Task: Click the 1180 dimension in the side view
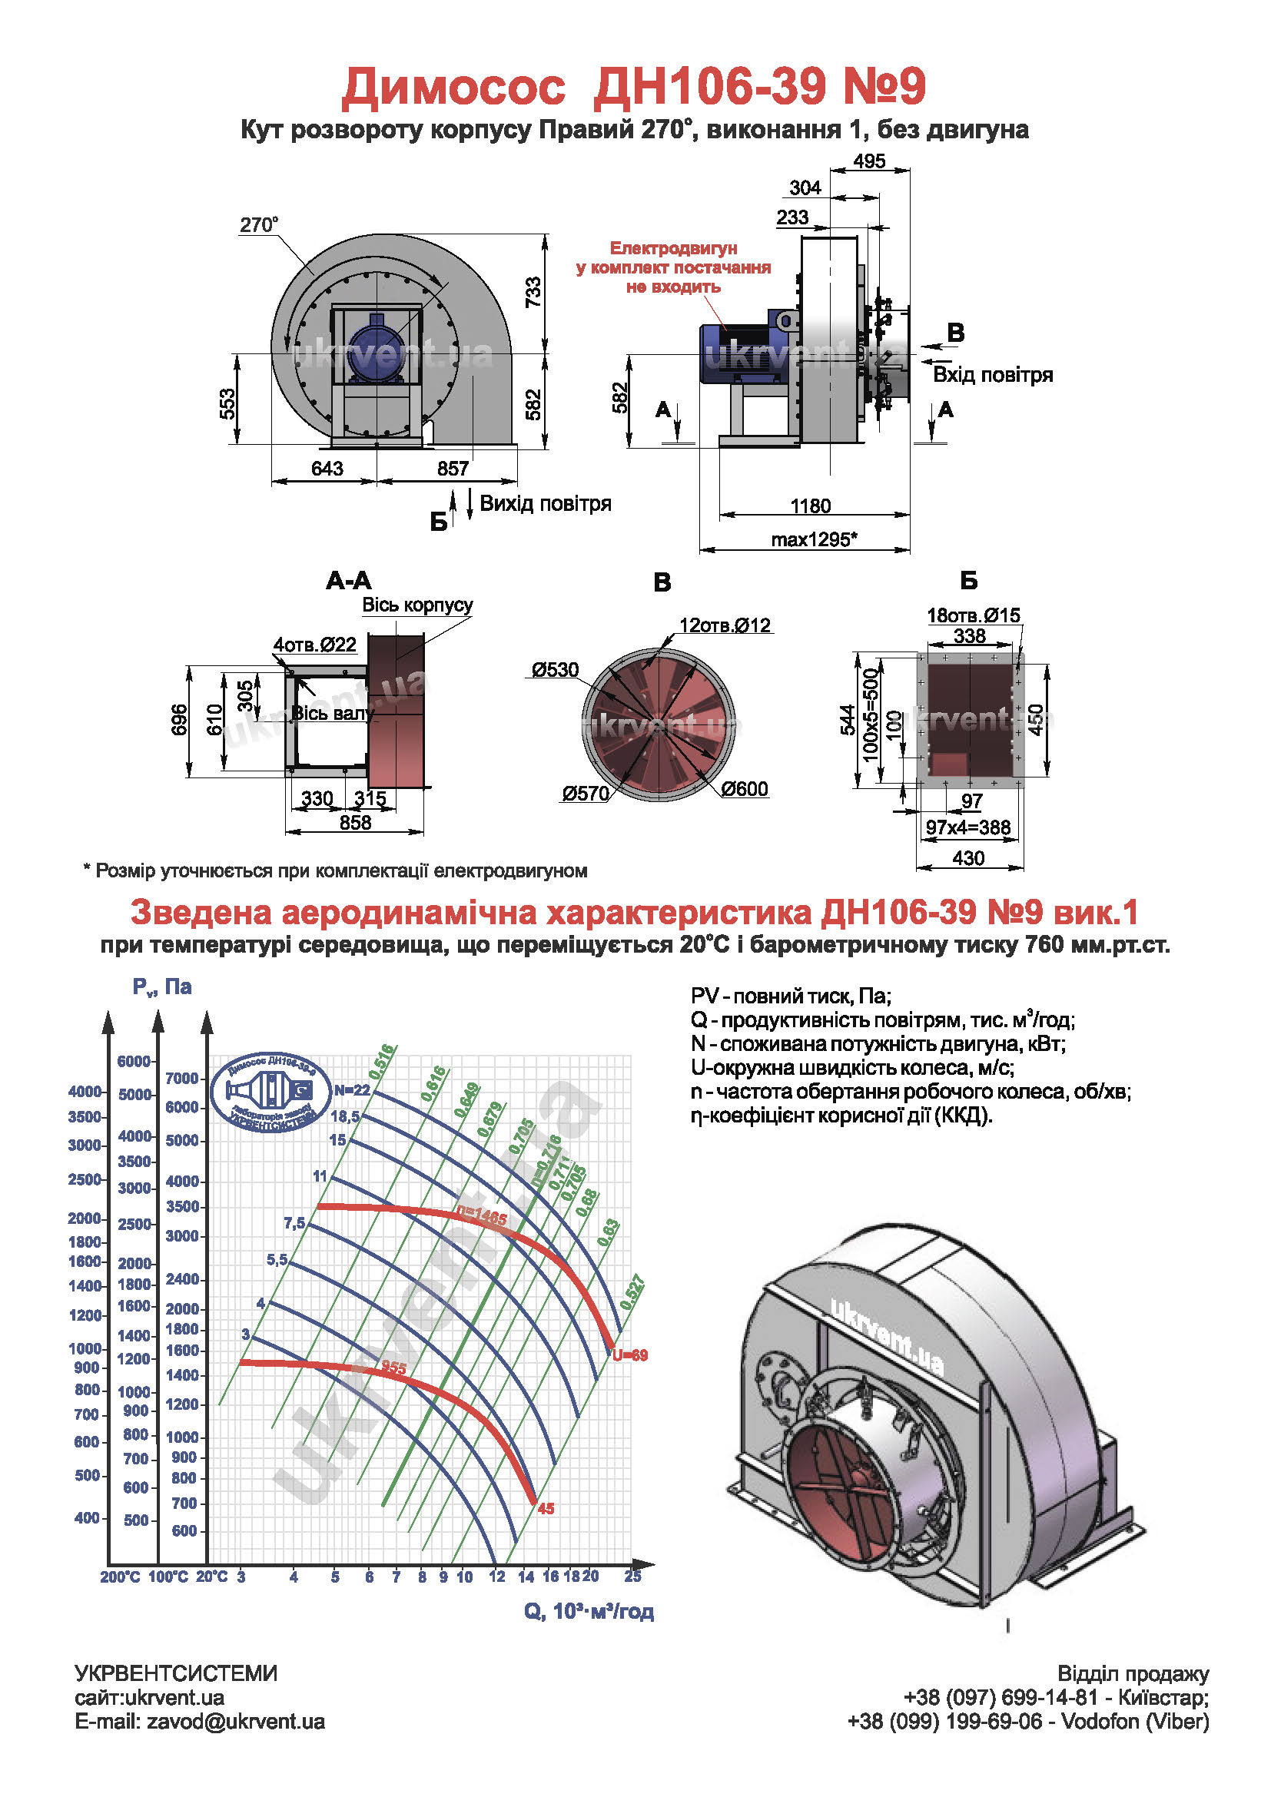click(x=810, y=506)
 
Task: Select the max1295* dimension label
click(x=814, y=539)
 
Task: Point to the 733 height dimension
click(x=533, y=292)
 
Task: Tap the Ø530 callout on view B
click(x=555, y=670)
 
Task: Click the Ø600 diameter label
click(x=745, y=789)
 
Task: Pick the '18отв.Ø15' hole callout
click(x=973, y=615)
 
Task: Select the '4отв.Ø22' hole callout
click(x=314, y=645)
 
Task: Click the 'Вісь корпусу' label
click(x=417, y=605)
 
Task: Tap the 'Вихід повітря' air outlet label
click(x=546, y=503)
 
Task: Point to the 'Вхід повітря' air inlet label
click(x=992, y=375)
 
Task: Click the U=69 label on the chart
click(x=630, y=1354)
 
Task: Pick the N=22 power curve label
click(x=351, y=1090)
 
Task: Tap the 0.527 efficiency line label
click(x=632, y=1292)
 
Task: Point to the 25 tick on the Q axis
click(x=632, y=1577)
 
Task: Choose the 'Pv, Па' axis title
click(x=162, y=987)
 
